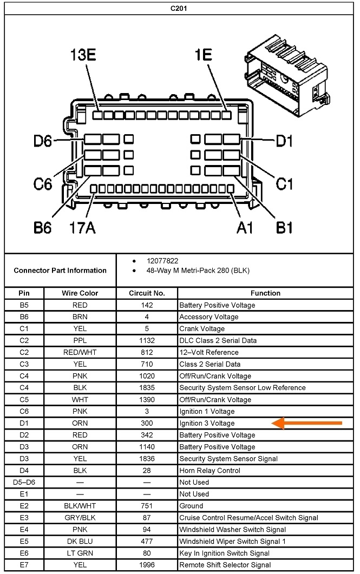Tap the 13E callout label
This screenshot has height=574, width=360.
pos(83,56)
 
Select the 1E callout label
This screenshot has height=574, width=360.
pos(203,56)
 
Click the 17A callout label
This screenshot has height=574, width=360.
pos(82,227)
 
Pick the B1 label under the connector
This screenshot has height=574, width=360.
pos(284,227)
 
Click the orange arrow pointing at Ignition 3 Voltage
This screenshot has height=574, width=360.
pos(307,423)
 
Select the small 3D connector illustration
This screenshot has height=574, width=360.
pos(287,76)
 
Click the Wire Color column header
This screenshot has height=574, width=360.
pos(80,293)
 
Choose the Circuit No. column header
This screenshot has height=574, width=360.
pos(147,293)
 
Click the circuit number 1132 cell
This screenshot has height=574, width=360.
pos(147,341)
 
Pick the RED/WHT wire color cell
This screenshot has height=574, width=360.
pos(80,353)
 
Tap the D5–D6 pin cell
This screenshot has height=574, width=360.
pos(24,483)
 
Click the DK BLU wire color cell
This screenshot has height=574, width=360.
pos(80,542)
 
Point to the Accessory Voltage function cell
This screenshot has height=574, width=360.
pos(208,317)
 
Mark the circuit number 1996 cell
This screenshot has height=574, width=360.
pos(147,565)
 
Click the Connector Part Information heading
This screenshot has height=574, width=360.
pos(60,270)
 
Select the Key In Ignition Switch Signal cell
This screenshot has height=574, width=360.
pos(225,553)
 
